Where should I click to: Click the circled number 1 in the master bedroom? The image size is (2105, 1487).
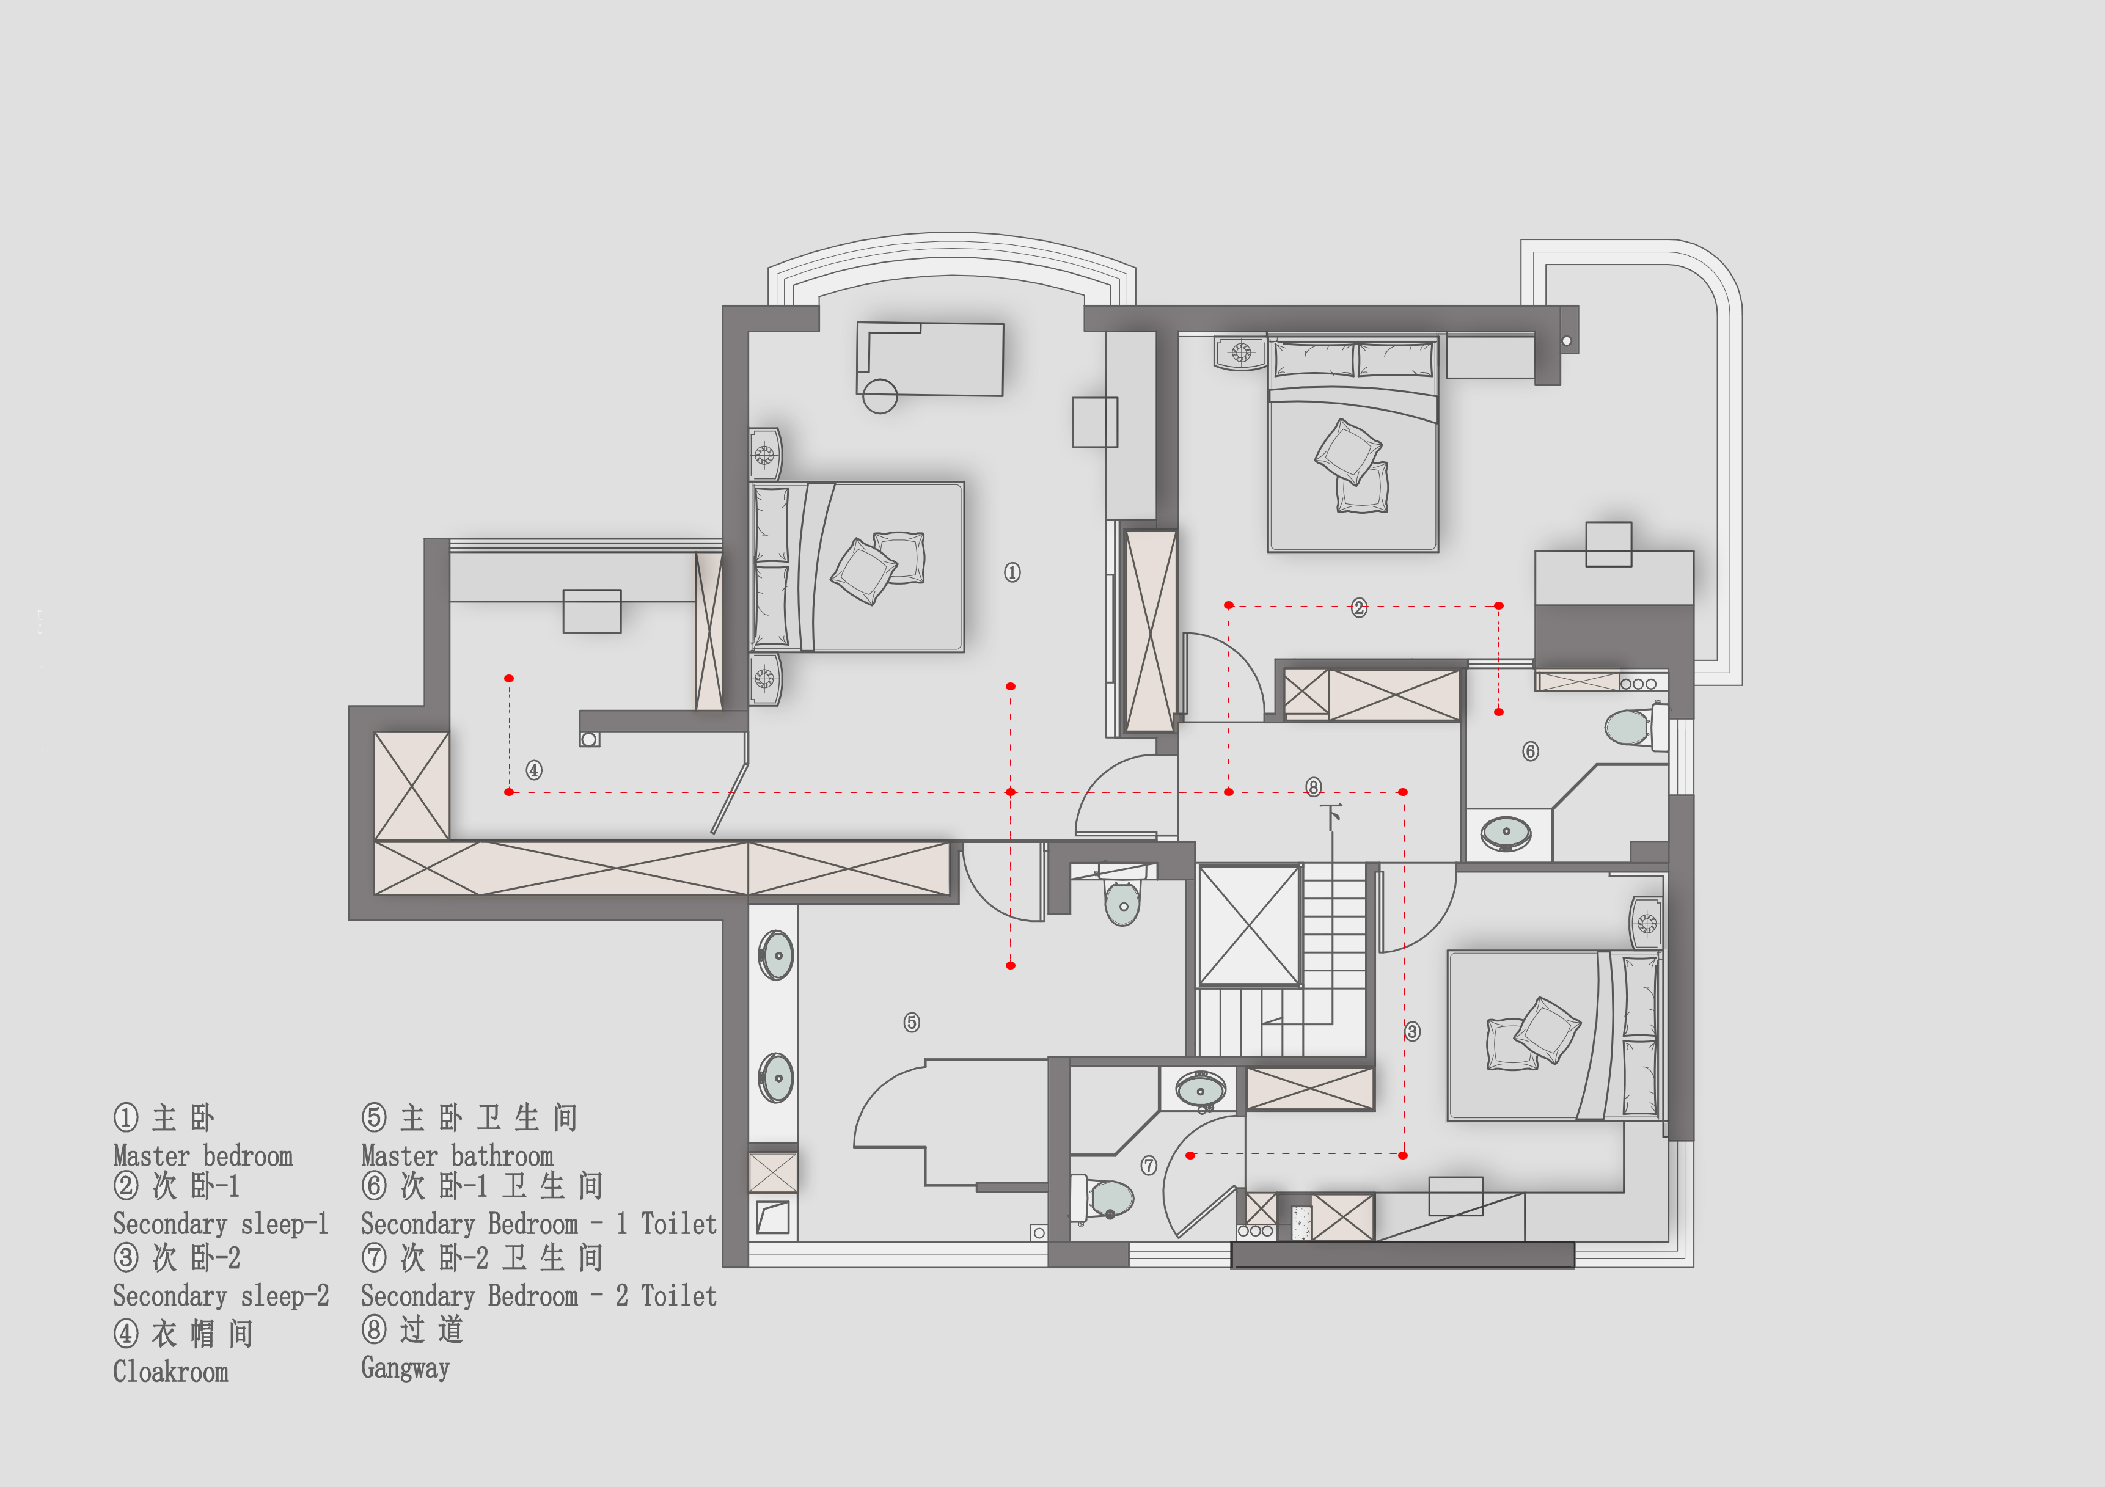coord(1012,572)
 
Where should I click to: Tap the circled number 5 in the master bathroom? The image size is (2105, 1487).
coord(911,1022)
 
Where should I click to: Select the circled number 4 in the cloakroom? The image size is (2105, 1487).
coord(533,770)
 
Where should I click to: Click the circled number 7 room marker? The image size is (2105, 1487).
coord(1149,1165)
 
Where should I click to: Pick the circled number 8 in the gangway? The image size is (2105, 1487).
coord(1314,787)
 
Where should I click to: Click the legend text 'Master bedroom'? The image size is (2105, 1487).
coord(203,1156)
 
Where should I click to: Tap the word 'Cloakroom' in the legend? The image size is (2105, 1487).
coord(170,1372)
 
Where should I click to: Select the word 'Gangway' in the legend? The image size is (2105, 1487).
coord(405,1368)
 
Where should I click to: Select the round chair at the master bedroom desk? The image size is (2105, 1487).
coord(880,396)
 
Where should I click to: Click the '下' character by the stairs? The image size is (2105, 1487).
coord(1331,816)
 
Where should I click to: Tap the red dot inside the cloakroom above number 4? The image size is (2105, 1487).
coord(509,678)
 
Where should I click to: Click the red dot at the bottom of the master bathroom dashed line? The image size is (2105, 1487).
coord(1010,965)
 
